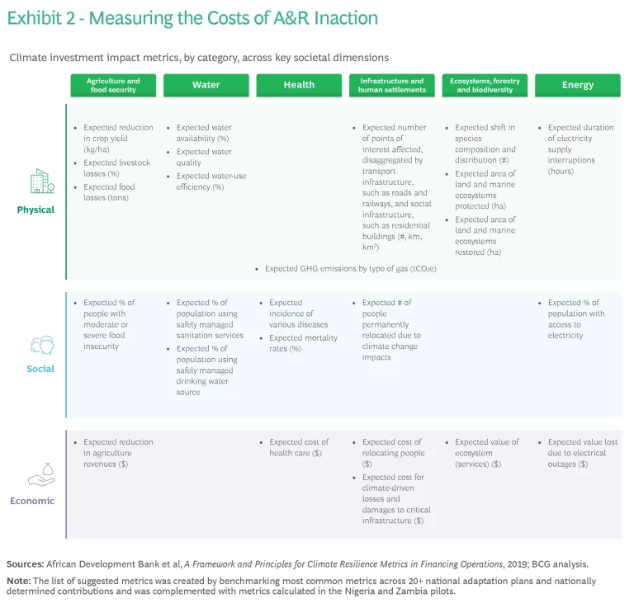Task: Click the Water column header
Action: pos(206,85)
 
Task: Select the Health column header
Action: pos(299,85)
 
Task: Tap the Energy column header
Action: pos(577,85)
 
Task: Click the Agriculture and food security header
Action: pos(113,85)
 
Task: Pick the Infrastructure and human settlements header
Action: pos(391,85)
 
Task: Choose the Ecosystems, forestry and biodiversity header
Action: pos(485,85)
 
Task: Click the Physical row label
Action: pos(35,210)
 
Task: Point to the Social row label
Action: pos(40,369)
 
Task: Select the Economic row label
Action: pos(32,501)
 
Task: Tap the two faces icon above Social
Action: pos(41,344)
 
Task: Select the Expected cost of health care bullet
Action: pos(298,447)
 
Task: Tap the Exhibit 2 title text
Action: pos(192,17)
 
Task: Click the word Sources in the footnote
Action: pos(25,563)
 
